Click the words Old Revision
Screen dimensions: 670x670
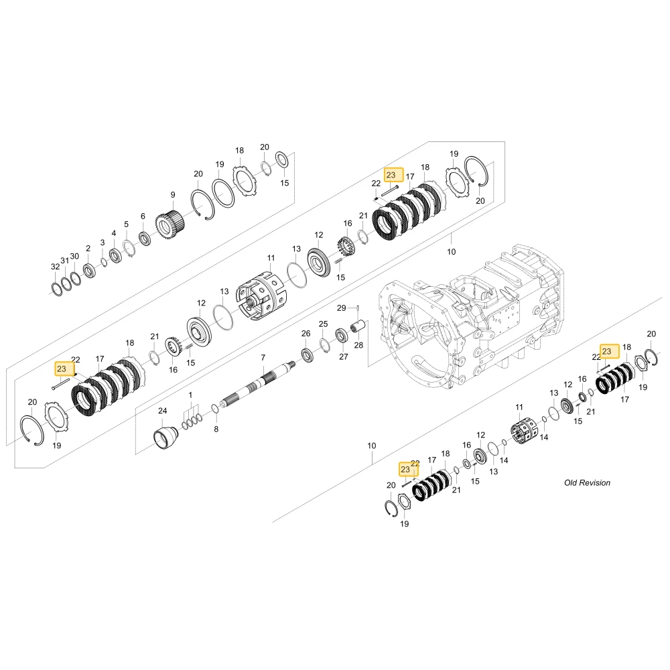tap(587, 483)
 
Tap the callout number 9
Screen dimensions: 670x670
tap(173, 195)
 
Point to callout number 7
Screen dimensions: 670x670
tap(263, 358)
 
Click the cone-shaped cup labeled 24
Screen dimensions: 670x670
tap(165, 435)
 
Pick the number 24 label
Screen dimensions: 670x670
tap(162, 411)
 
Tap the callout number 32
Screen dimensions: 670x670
tap(55, 267)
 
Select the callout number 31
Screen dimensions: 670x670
tap(64, 261)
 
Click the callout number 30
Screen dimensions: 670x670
tap(74, 257)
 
